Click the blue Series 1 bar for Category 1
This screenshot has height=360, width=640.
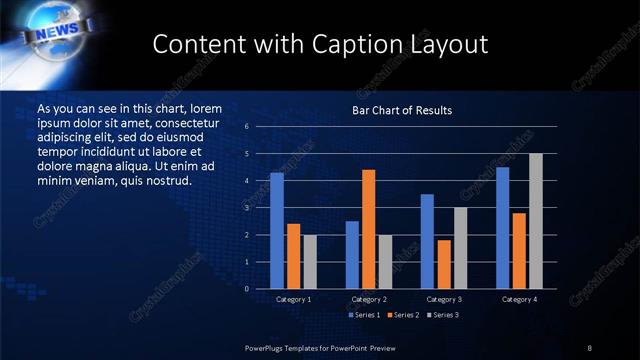click(277, 231)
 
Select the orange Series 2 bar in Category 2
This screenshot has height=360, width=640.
click(369, 229)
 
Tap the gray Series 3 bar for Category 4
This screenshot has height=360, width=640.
click(536, 221)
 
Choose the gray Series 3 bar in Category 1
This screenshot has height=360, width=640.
click(309, 262)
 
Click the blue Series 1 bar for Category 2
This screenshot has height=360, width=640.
click(352, 255)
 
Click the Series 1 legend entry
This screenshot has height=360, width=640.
click(364, 315)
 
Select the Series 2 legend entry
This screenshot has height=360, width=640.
click(402, 315)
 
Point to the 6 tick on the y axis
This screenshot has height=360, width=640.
click(246, 127)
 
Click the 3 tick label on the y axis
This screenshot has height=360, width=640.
click(246, 208)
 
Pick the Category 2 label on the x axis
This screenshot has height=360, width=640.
click(369, 299)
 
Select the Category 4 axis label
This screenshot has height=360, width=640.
click(519, 299)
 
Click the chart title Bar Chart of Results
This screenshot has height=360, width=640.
click(402, 109)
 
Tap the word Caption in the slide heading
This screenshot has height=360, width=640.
click(371, 44)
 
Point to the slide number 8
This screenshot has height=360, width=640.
click(589, 347)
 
